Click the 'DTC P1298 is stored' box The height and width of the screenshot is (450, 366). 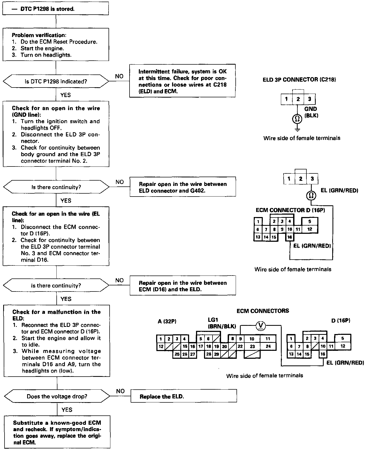55,9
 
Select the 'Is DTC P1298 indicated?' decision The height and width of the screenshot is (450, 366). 56,82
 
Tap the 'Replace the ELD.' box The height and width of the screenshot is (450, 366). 184,397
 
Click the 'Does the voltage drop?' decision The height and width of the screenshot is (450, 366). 57,397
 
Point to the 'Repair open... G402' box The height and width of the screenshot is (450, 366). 183,187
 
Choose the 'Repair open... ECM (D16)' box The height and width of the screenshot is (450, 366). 183,286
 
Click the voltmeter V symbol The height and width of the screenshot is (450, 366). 261,325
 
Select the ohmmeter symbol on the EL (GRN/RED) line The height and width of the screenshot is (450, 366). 310,196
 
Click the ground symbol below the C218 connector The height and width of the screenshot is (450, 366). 297,130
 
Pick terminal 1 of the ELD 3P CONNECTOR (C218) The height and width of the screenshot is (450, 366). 286,99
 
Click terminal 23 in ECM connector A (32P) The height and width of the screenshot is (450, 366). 252,347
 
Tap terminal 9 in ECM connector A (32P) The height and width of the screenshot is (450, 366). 240,339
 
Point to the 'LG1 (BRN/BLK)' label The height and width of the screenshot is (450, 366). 222,323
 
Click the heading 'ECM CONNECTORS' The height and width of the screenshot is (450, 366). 263,311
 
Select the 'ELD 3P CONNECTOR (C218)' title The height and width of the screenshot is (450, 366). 299,80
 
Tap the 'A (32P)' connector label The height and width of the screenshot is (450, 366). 167,321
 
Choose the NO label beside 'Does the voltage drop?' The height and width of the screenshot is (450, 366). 120,391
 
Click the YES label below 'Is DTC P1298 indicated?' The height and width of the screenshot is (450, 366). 65,95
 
